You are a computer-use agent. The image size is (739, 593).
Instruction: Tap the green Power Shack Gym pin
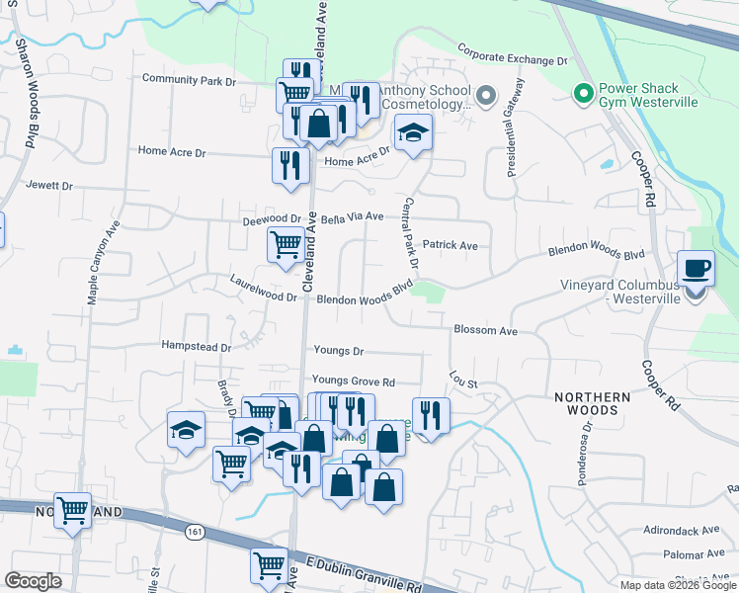point(583,95)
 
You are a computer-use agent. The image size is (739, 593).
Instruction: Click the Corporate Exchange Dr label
point(514,53)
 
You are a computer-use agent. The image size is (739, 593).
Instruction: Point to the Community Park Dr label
point(190,79)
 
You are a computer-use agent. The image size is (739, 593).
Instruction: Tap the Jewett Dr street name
point(49,185)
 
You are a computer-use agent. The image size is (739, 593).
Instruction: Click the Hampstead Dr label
point(196,347)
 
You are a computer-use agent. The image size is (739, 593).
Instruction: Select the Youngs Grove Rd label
point(353,381)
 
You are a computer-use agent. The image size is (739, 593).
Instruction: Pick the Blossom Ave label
point(486,330)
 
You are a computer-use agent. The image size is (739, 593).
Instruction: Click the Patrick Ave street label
point(450,245)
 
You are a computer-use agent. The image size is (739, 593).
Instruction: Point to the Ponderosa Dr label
point(582,455)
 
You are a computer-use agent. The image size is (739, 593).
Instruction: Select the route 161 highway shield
point(195,531)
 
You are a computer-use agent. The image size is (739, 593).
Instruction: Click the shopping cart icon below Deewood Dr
point(286,243)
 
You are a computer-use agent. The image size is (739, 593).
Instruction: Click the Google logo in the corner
point(33,581)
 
